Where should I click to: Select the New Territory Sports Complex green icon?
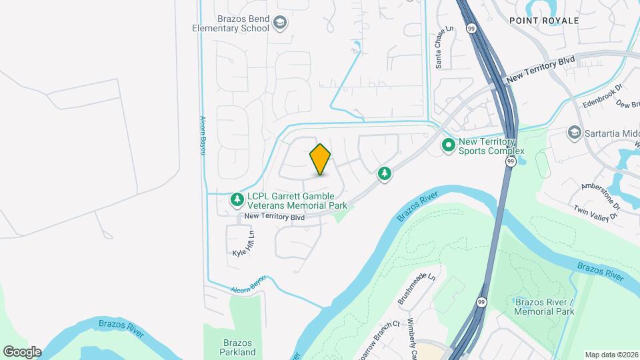[x=449, y=144]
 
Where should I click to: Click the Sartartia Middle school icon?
[x=573, y=133]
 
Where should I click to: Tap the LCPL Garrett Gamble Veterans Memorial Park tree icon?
[x=237, y=199]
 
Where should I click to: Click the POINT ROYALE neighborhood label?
[x=543, y=21]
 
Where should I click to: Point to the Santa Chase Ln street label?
[x=439, y=47]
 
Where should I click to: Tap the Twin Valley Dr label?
[x=598, y=209]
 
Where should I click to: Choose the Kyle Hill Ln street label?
[x=244, y=244]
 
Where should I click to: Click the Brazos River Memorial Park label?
[x=544, y=307]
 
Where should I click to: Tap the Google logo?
[x=22, y=351]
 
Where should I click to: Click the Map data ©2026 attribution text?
[x=611, y=355]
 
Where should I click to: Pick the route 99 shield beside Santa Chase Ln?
[x=471, y=29]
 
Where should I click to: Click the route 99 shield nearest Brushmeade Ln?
[x=481, y=302]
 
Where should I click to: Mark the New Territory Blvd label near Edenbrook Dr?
[x=540, y=69]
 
